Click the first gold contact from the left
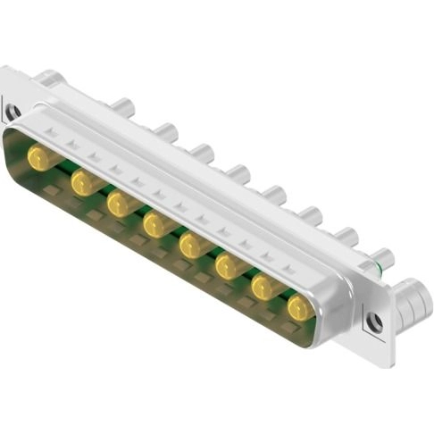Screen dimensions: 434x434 [38, 159]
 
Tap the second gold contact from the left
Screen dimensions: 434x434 [82, 183]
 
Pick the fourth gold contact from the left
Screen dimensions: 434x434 [156, 224]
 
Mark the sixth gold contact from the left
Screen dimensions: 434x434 [230, 265]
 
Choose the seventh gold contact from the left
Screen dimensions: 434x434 [264, 287]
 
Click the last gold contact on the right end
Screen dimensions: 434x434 [300, 308]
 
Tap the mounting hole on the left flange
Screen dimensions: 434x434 [13, 113]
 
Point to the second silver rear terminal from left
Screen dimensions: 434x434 [166, 133]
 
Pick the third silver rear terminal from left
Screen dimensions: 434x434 [202, 153]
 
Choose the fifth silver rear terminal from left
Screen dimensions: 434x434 [273, 194]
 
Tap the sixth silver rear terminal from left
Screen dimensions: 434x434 [310, 215]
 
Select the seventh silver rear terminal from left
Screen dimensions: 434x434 [346, 237]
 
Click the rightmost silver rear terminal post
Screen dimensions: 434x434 [381, 258]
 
